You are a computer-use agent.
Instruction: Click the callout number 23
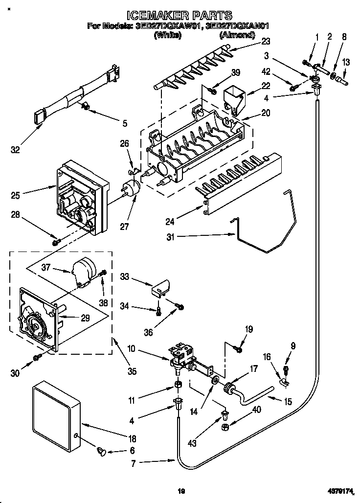tap(266, 41)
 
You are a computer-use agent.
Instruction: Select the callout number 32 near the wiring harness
tap(16, 150)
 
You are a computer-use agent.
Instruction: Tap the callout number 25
tap(16, 196)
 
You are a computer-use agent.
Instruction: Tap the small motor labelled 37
tap(83, 272)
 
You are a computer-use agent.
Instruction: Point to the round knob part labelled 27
tap(131, 188)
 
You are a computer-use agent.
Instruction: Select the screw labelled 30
tap(37, 359)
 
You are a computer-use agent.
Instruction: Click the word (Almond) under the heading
tap(237, 35)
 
